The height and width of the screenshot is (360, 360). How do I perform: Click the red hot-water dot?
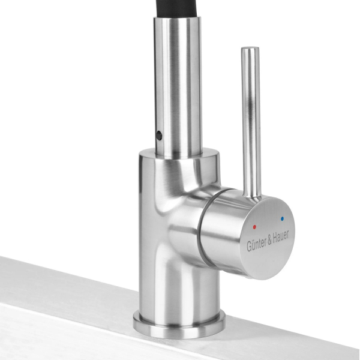[254, 227]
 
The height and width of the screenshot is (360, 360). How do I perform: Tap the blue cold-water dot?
[282, 219]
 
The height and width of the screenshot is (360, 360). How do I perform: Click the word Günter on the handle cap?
[256, 244]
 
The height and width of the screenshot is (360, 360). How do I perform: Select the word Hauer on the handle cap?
[281, 236]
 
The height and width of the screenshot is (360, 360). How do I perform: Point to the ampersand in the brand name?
[269, 240]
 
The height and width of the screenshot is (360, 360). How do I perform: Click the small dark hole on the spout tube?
[158, 135]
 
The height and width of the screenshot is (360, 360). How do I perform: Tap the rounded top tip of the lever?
[250, 48]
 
